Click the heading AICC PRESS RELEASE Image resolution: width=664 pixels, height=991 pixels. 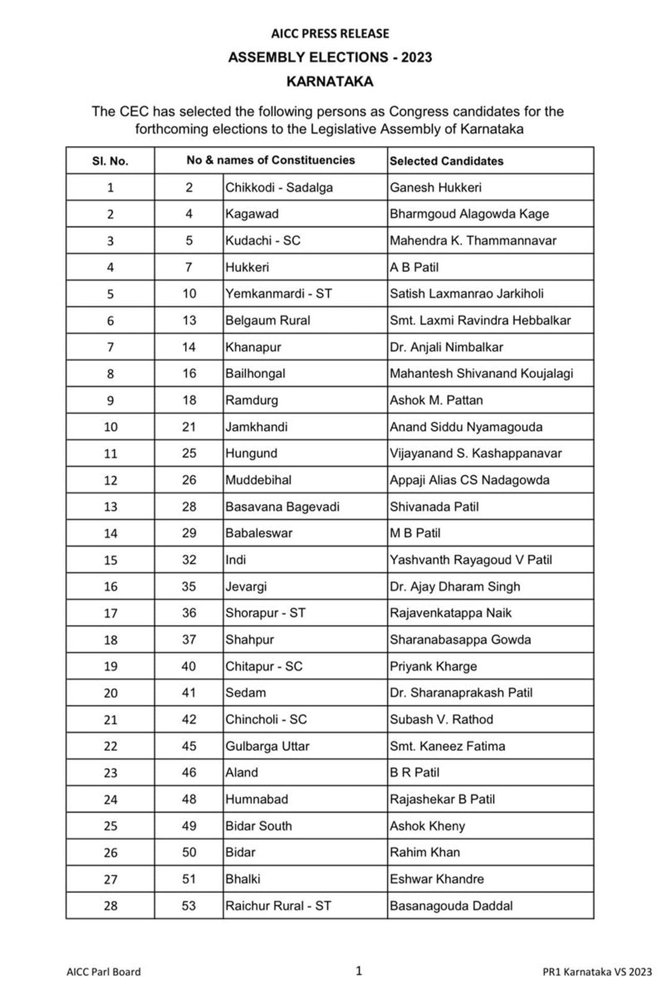point(330,34)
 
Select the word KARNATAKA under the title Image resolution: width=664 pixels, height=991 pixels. point(330,81)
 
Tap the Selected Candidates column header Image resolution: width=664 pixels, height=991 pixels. point(447,161)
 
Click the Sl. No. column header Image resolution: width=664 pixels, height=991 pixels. point(110,161)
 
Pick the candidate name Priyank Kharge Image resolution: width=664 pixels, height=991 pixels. point(433,666)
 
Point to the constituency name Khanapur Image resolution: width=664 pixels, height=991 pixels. point(253,347)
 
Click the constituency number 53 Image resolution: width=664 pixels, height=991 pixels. point(189,905)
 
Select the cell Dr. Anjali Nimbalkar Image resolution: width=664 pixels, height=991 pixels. point(446,347)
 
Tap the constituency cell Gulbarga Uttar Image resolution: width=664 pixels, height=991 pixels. point(267,746)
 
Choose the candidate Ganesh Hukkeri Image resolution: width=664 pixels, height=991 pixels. point(435,187)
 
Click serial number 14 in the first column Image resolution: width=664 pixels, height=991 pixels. point(110,533)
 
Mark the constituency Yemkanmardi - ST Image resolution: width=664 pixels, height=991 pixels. point(279,294)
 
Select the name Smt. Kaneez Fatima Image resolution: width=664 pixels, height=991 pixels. point(447,746)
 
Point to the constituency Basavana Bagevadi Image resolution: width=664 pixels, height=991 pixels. point(282,506)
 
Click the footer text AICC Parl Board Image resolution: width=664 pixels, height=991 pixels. point(104,972)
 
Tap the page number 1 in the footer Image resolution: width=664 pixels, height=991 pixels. point(358,971)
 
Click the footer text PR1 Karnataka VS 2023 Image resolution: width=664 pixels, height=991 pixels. point(597,972)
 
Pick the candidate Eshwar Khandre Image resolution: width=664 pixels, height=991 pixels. point(437,879)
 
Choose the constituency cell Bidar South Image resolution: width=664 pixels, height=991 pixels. point(258,825)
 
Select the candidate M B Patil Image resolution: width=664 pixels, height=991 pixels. point(415,533)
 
